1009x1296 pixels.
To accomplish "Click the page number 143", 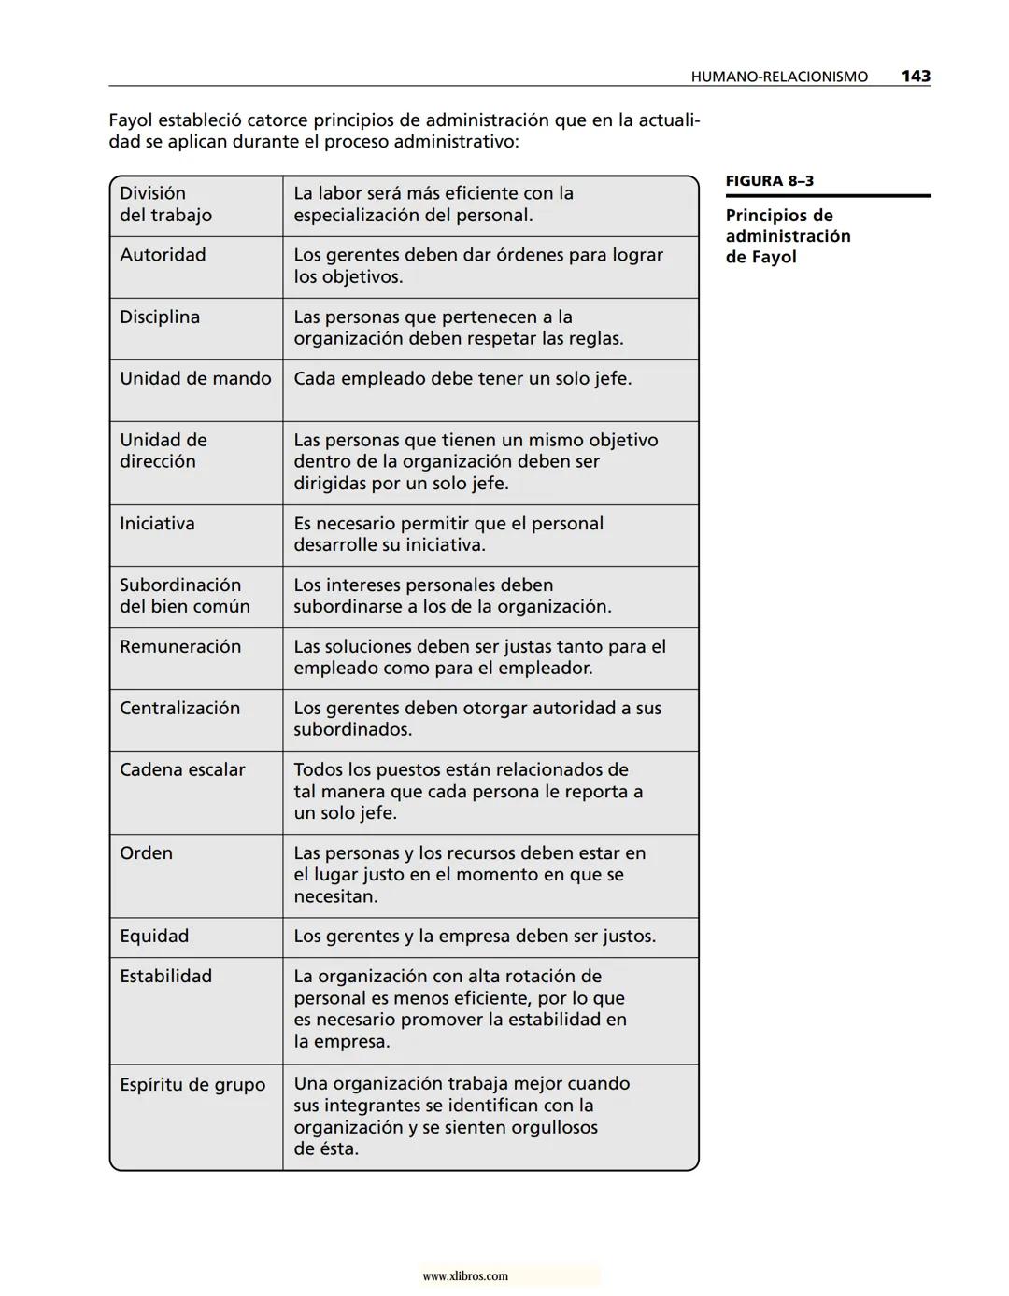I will (916, 77).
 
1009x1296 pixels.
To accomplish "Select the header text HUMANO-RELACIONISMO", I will (779, 77).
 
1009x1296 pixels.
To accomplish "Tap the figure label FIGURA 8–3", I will (770, 181).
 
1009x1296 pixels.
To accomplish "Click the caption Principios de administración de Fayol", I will (788, 236).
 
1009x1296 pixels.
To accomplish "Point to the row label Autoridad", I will (163, 255).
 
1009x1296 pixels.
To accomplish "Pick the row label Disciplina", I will (160, 317).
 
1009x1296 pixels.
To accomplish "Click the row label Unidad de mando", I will (195, 379).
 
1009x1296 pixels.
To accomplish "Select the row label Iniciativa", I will (157, 524).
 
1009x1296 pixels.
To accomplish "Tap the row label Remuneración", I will (180, 647).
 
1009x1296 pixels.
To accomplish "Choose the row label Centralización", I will (179, 709).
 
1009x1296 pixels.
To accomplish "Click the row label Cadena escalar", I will (182, 770).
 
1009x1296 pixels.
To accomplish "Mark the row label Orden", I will (146, 853).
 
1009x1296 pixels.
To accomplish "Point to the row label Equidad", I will (154, 937).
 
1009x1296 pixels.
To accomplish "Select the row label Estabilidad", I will (165, 977).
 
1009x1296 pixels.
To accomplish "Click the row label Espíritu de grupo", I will (192, 1085).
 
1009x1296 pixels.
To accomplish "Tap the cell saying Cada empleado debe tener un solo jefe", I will (462, 379).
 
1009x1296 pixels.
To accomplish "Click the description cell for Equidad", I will (475, 937).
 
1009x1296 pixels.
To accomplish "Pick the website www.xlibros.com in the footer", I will (465, 1276).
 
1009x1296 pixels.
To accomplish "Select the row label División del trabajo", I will (165, 204).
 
